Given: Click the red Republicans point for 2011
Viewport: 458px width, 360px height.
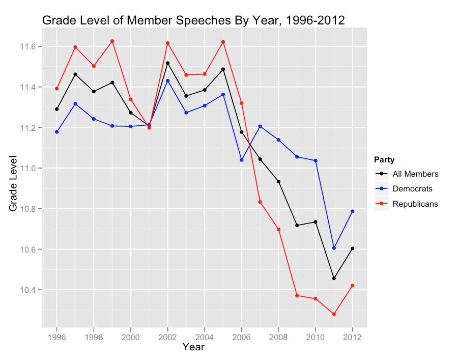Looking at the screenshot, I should point(334,314).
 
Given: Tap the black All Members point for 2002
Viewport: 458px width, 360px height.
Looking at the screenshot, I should point(167,63).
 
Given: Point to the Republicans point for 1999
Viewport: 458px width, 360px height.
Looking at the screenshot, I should point(112,41).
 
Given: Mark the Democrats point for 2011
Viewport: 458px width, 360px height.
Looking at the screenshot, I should point(334,248).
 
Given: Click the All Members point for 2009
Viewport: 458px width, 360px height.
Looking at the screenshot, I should point(297,225).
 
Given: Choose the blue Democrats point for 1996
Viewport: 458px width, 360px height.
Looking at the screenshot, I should point(57,132).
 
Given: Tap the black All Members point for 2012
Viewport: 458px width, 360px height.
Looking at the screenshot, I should point(352,248).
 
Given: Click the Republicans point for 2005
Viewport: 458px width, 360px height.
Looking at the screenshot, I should point(223,42).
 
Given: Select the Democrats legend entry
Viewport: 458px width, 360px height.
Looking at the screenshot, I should point(416,189).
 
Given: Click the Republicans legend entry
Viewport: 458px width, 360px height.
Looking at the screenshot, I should point(418,204).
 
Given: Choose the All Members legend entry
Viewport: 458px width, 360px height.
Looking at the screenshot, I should point(419,174).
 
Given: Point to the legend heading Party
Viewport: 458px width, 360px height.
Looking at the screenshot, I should point(383,159).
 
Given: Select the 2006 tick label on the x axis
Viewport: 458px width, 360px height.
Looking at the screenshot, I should point(241,338).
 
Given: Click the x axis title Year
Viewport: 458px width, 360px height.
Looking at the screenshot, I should point(193,348).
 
